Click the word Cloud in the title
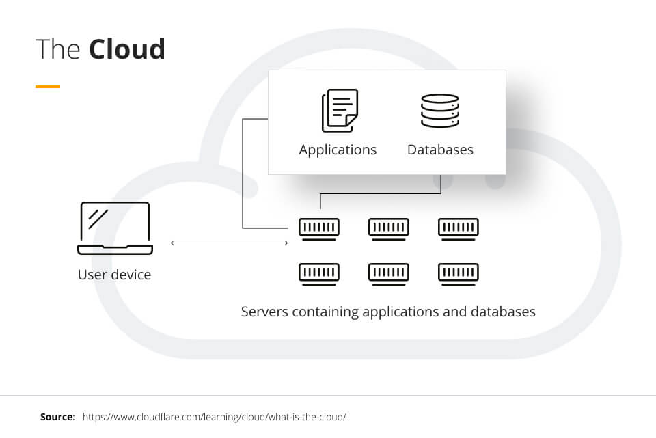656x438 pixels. (x=127, y=50)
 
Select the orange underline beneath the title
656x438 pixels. (x=48, y=87)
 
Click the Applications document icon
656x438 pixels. (x=339, y=110)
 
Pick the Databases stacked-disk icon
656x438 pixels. (x=440, y=111)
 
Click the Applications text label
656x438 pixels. (x=338, y=150)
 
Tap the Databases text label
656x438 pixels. (x=440, y=150)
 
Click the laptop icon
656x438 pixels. (x=115, y=228)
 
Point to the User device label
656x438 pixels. (x=114, y=275)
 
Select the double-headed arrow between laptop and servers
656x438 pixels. (x=229, y=243)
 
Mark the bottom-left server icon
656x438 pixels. (x=319, y=273)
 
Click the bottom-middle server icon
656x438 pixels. (x=389, y=273)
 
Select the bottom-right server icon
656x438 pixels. (x=459, y=273)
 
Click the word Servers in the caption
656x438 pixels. (x=265, y=312)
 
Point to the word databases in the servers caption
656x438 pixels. (x=503, y=312)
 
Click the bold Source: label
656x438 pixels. (x=57, y=416)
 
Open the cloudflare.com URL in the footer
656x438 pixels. (x=215, y=416)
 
